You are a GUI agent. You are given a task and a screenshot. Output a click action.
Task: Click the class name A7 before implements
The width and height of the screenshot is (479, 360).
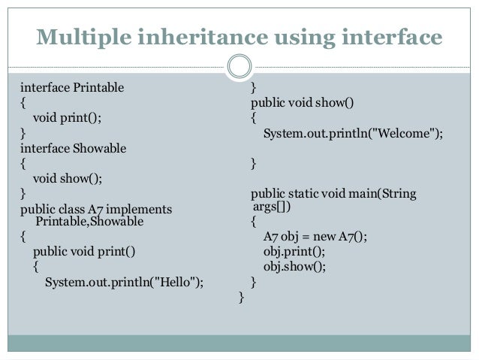(96, 208)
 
